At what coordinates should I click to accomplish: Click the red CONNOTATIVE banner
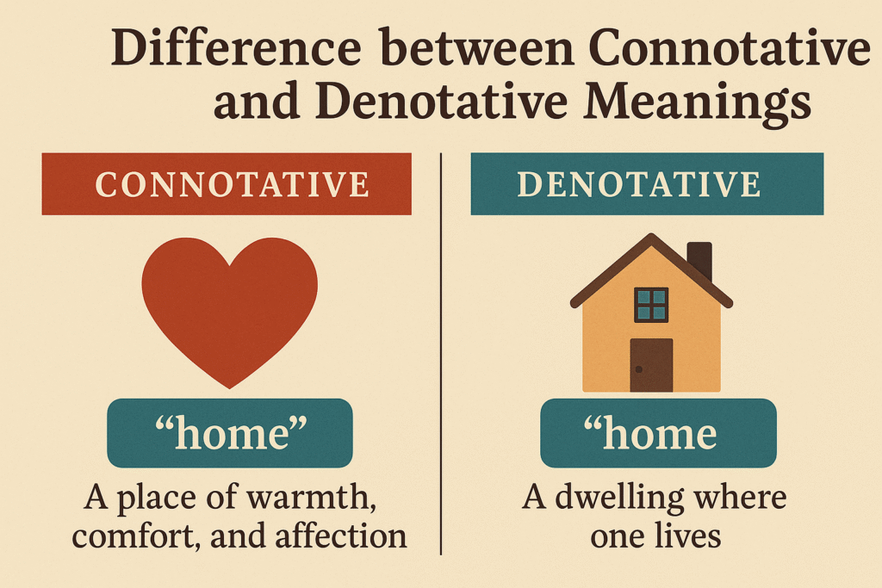pos(227,184)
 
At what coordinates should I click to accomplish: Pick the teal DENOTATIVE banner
pos(646,184)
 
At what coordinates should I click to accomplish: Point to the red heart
pos(229,301)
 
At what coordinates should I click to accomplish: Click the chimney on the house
pos(699,260)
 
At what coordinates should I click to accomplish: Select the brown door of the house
pos(651,365)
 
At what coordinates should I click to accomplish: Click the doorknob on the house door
pos(638,368)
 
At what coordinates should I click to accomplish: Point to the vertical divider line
pos(441,344)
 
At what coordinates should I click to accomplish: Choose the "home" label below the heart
pos(229,433)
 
